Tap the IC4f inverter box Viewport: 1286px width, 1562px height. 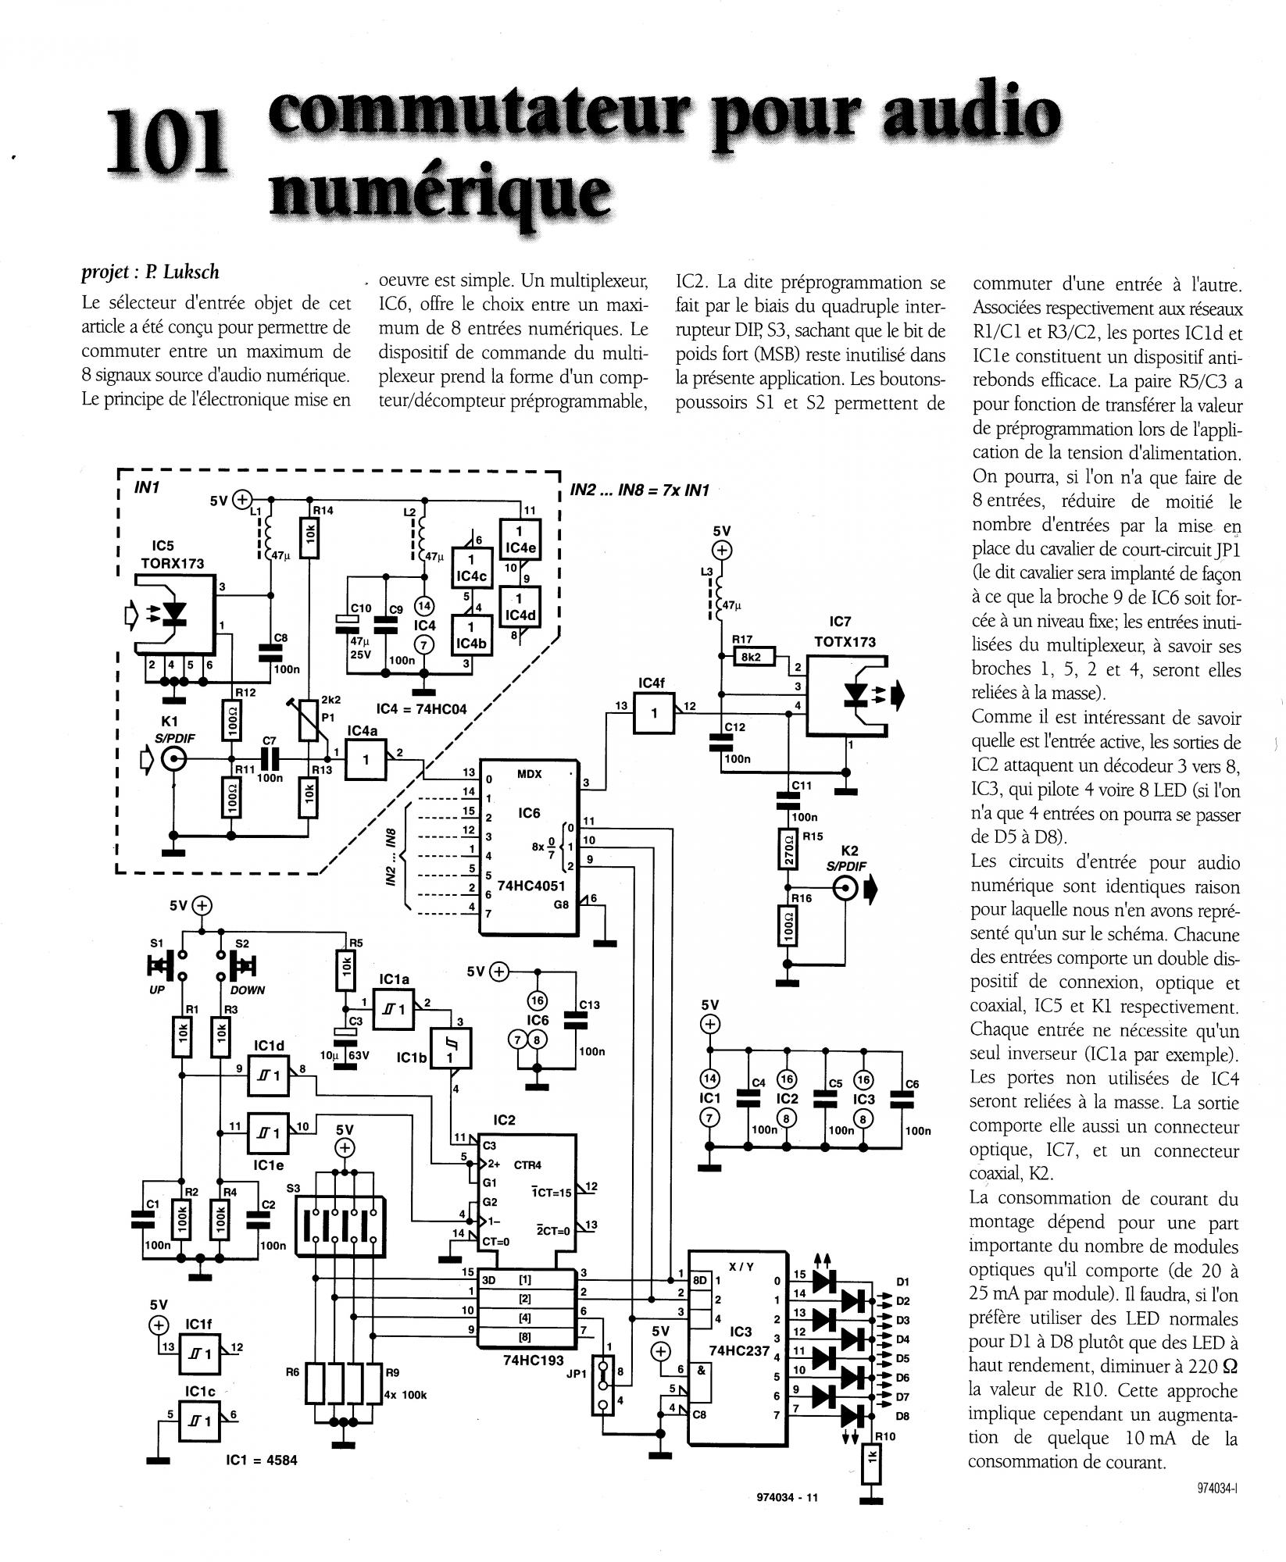pyautogui.click(x=654, y=714)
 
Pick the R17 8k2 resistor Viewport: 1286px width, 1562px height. pyautogui.click(x=752, y=657)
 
